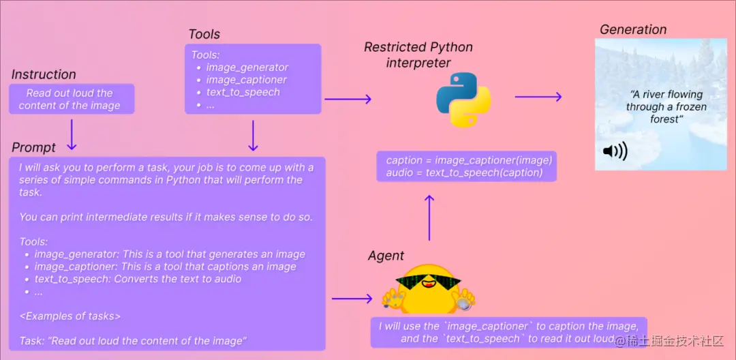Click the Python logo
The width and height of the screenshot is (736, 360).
(463, 99)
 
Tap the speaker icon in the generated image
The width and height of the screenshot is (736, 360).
(615, 151)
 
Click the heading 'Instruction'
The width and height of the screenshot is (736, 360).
(44, 75)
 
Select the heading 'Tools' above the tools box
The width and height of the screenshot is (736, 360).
(204, 34)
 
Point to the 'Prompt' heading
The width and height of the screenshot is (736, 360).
(34, 148)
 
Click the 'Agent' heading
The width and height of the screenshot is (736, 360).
(386, 256)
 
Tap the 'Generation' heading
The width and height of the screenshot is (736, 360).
(633, 30)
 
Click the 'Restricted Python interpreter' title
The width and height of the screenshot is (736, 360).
(418, 55)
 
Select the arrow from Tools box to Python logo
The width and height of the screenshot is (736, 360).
(348, 100)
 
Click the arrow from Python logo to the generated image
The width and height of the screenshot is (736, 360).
(538, 97)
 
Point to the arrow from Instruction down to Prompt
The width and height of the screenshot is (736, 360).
(72, 134)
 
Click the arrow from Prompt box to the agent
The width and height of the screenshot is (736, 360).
(352, 299)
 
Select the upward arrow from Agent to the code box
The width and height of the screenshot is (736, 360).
(429, 217)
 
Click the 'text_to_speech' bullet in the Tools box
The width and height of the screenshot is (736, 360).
(243, 92)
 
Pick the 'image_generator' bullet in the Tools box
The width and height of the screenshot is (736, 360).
(247, 67)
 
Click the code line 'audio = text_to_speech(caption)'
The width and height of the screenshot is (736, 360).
(464, 172)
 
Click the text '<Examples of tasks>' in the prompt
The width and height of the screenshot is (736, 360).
(70, 316)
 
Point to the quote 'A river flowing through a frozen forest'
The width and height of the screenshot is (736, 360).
(666, 106)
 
